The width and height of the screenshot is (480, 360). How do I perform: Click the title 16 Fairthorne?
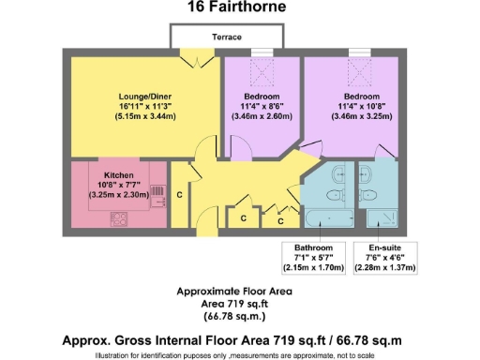[239, 8]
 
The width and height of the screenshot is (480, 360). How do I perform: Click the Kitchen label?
[119, 175]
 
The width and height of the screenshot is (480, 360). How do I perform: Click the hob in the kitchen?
[120, 218]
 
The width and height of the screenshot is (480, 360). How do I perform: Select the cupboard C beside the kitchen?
[179, 196]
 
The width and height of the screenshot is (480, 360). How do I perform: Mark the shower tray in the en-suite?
[382, 218]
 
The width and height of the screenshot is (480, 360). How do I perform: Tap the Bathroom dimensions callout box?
[315, 258]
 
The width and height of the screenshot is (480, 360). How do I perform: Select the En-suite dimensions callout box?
[386, 258]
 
